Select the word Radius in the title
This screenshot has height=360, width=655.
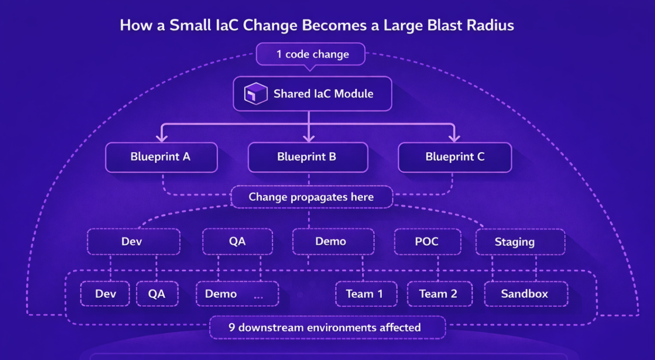pyautogui.click(x=490, y=25)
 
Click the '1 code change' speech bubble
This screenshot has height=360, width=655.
pyautogui.click(x=311, y=54)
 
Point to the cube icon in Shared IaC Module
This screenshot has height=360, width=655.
pyautogui.click(x=255, y=94)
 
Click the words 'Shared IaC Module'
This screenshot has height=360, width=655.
pyautogui.click(x=323, y=94)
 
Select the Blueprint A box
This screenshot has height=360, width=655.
pyautogui.click(x=161, y=157)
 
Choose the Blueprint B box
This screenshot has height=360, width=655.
pyautogui.click(x=308, y=157)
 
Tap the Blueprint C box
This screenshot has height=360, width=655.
pyautogui.click(x=455, y=157)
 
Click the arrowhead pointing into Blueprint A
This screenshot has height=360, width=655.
pyautogui.click(x=162, y=138)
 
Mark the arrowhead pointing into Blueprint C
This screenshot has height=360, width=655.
pyautogui.click(x=454, y=138)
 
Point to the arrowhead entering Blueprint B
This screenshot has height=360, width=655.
pyautogui.click(x=309, y=138)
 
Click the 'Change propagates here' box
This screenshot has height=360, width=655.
pyautogui.click(x=312, y=197)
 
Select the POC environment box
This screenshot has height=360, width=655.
pyautogui.click(x=427, y=242)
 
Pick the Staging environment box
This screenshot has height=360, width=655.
pyautogui.click(x=520, y=242)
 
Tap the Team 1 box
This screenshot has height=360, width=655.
pyautogui.click(x=366, y=294)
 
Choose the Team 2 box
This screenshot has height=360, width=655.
pyautogui.click(x=440, y=294)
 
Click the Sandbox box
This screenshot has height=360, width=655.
pyautogui.click(x=526, y=294)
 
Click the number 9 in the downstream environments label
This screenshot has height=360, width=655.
pyautogui.click(x=232, y=328)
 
